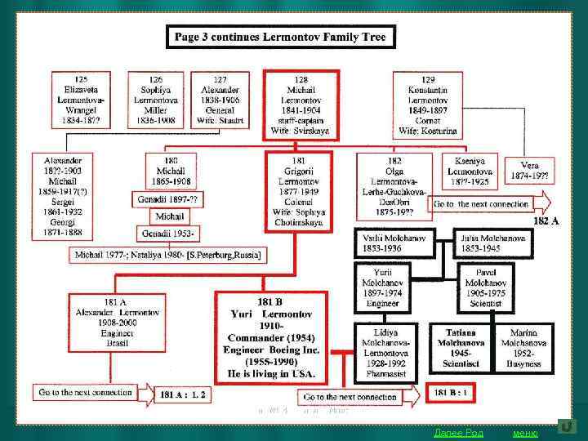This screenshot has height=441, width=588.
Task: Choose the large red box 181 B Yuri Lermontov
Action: [271, 336]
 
